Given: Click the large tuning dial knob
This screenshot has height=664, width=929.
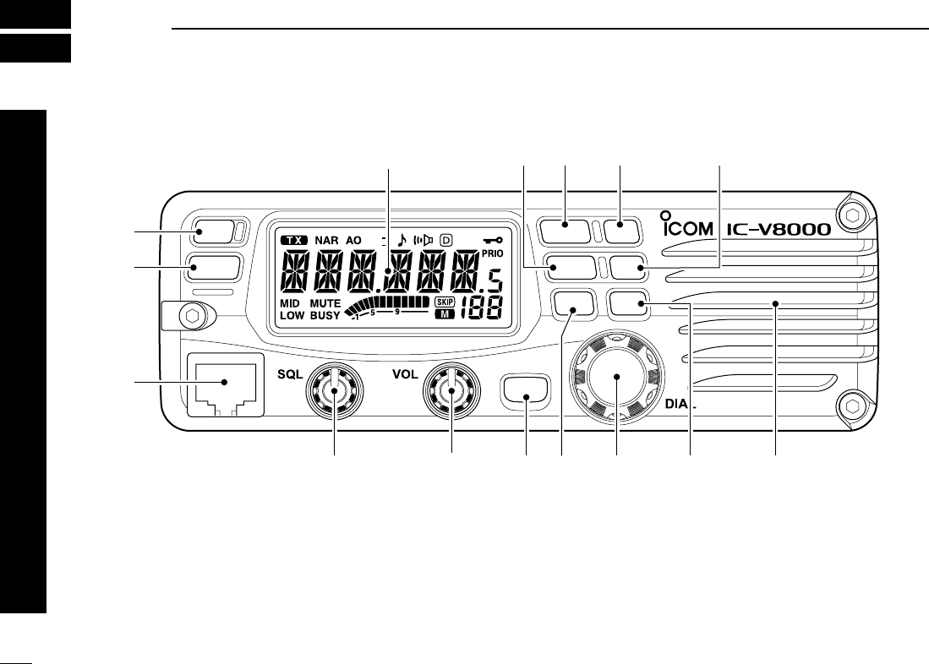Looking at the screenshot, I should (616, 381).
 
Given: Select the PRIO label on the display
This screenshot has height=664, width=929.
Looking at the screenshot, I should (491, 252).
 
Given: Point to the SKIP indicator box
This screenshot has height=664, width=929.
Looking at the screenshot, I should (445, 302).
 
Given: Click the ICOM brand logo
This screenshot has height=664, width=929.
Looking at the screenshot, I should (686, 228).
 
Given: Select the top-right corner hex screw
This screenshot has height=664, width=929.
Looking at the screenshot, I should (852, 215).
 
